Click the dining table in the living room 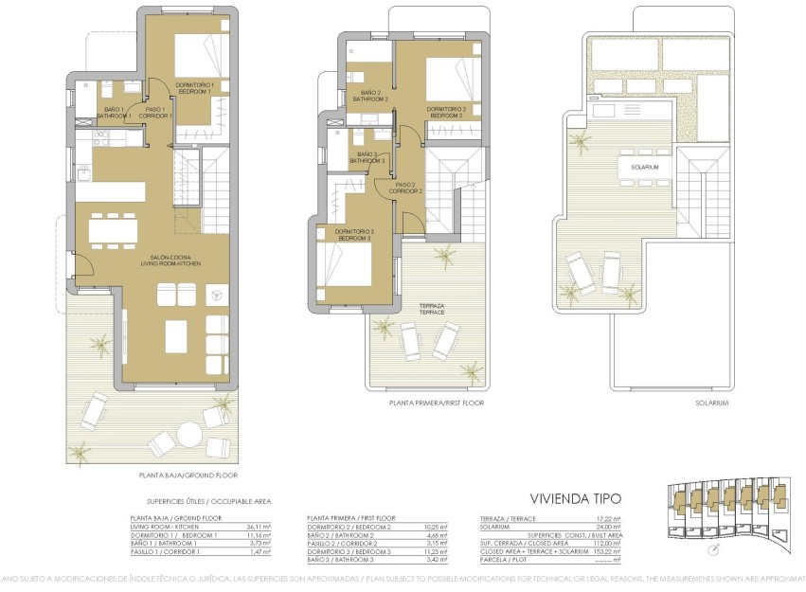113,229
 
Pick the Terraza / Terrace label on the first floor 432,308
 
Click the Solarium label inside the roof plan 632,167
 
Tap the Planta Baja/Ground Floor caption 187,475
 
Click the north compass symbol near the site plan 713,550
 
